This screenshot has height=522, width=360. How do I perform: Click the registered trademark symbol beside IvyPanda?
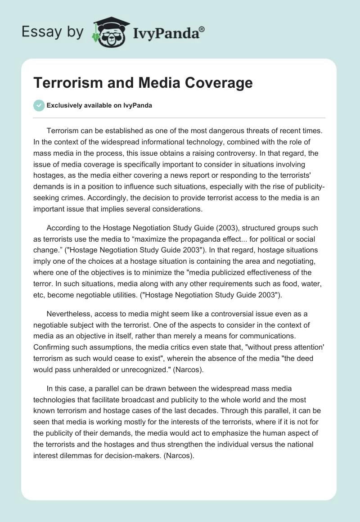tap(202, 29)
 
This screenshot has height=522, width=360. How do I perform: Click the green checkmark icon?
tap(39, 105)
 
